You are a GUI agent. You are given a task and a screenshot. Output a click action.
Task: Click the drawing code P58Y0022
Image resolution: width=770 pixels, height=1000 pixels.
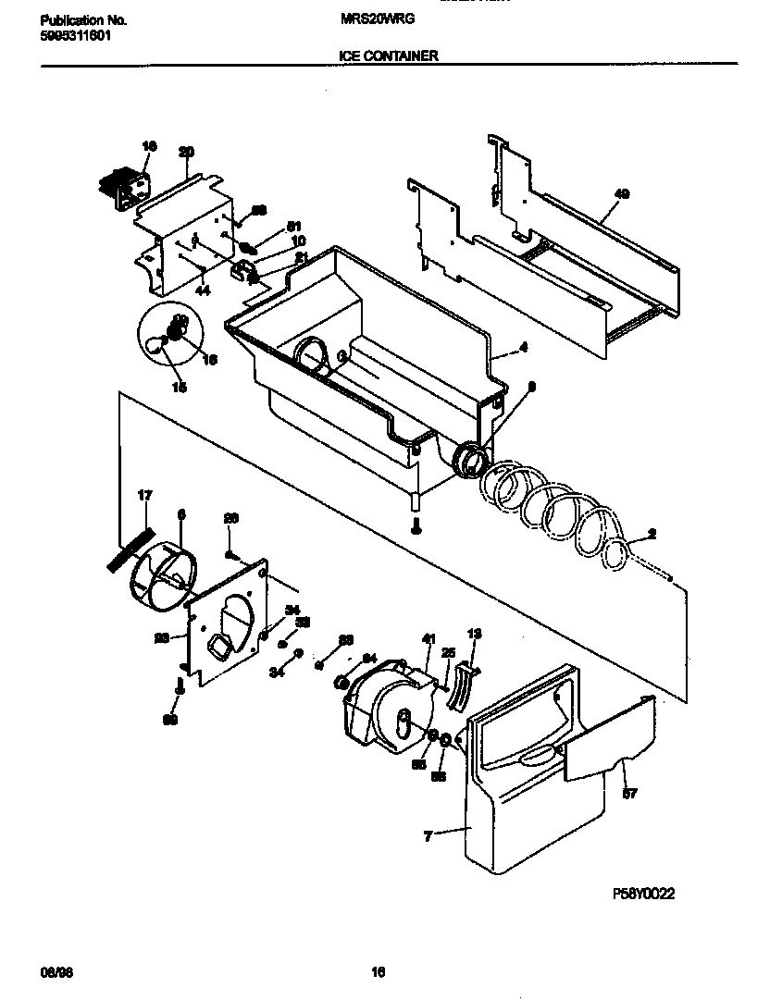[643, 894]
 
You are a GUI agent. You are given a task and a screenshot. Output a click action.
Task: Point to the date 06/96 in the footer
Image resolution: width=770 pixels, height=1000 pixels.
[54, 972]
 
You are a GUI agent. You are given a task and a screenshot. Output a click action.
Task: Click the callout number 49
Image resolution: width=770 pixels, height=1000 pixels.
[621, 194]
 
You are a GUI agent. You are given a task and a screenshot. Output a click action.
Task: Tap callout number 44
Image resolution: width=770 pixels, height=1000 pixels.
[203, 290]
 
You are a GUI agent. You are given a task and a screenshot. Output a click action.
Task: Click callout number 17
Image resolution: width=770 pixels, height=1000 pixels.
[144, 496]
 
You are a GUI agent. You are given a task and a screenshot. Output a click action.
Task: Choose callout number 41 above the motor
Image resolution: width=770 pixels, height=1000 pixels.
[428, 638]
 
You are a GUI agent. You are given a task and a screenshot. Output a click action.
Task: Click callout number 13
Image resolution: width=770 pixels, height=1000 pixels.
[474, 635]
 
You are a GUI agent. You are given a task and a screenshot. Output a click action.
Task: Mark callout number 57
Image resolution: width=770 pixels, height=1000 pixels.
[629, 793]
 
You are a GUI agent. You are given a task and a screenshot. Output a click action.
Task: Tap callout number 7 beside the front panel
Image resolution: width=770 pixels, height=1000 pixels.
[428, 837]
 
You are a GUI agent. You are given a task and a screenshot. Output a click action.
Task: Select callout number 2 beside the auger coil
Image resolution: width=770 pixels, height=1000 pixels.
[652, 534]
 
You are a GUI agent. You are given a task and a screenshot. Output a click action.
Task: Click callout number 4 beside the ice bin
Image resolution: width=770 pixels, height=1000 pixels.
[523, 348]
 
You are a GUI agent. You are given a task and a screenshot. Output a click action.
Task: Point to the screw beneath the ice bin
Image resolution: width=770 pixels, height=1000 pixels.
[416, 526]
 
